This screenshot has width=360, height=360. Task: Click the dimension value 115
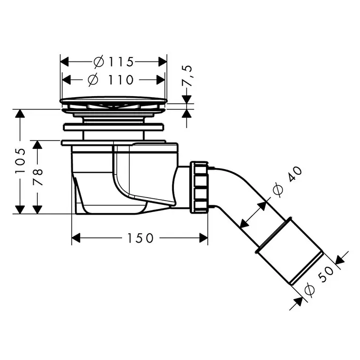tap(121, 62)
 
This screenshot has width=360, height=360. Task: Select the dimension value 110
tap(121, 80)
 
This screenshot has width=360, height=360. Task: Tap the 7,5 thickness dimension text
tap(187, 76)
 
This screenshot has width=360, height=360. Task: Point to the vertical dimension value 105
tap(20, 161)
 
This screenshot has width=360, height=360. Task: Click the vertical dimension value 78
tap(38, 177)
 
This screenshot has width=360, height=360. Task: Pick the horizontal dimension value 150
tap(140, 238)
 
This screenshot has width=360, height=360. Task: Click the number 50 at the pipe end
tap(326, 274)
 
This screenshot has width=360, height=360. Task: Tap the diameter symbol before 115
tap(99, 62)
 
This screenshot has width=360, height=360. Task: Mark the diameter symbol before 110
tap(93, 80)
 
